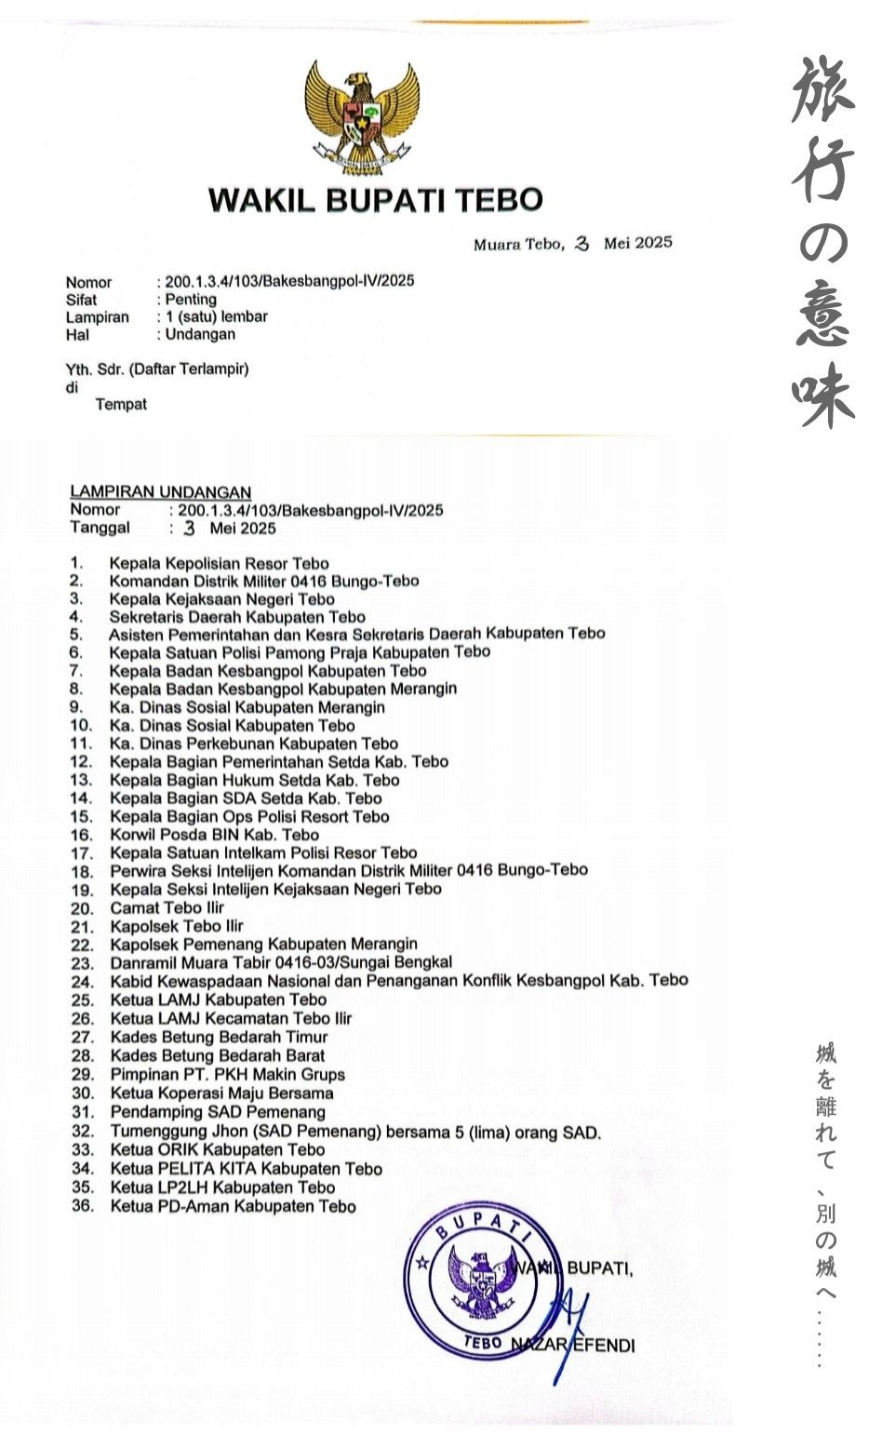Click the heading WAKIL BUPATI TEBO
click(375, 200)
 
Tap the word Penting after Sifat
click(191, 300)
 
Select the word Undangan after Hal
click(200, 334)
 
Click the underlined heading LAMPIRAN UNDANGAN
click(160, 492)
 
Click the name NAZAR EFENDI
click(573, 1345)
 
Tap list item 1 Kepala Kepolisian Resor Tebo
click(219, 563)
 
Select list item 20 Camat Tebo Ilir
click(167, 907)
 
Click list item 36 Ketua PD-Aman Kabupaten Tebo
click(233, 1206)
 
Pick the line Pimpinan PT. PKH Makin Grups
click(227, 1074)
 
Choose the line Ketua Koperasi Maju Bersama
click(221, 1093)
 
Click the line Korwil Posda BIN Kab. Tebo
click(214, 835)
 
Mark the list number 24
click(83, 982)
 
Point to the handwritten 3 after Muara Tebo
click(582, 244)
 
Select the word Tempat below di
click(121, 405)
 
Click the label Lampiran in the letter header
click(97, 317)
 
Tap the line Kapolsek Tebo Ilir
click(176, 926)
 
